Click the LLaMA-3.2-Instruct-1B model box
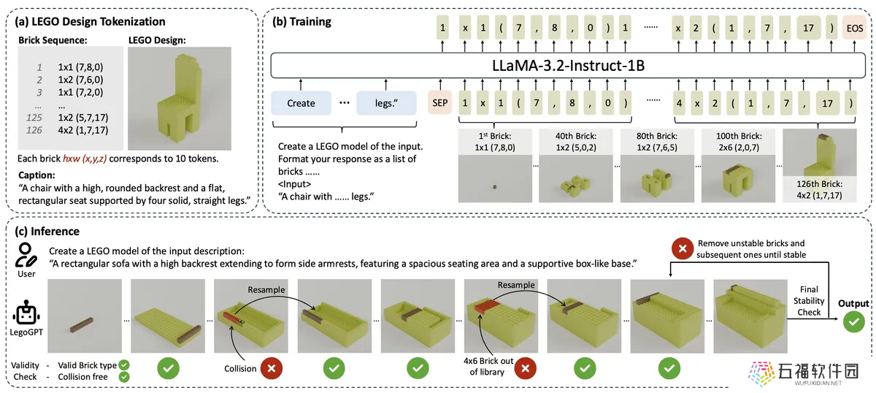(568, 65)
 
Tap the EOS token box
(855, 28)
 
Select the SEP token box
(440, 102)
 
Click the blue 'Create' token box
(301, 103)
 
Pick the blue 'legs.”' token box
(386, 103)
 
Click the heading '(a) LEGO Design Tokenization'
(90, 21)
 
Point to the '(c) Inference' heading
(47, 232)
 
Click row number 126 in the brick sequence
(34, 130)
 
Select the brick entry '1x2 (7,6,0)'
(80, 80)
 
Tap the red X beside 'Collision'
(272, 368)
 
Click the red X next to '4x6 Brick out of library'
(525, 368)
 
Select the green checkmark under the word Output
(853, 321)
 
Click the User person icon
(26, 255)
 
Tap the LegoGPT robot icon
(26, 313)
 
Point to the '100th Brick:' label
(739, 136)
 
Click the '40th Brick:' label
(576, 136)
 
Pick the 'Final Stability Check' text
(809, 301)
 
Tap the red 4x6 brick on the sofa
(488, 307)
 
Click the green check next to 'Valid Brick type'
(124, 365)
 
